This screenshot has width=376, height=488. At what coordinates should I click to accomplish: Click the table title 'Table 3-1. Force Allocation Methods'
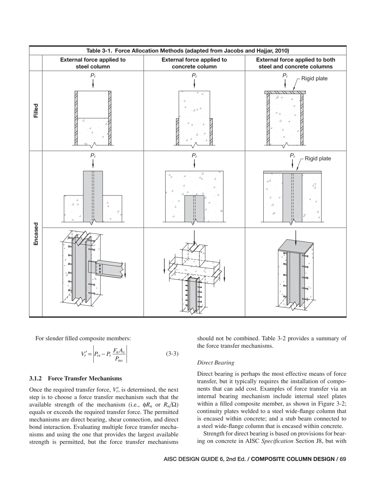[x=188, y=51]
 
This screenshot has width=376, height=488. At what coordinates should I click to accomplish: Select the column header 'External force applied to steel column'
[x=93, y=63]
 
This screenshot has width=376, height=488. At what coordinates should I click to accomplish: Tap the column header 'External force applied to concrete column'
[x=194, y=63]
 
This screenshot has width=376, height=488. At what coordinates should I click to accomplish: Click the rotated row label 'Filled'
[x=36, y=111]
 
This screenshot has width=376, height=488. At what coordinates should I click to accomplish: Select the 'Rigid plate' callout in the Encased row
[x=318, y=159]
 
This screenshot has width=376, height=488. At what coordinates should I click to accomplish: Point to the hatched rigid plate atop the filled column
[x=285, y=92]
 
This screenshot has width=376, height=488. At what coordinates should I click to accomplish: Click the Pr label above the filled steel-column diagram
[x=93, y=75]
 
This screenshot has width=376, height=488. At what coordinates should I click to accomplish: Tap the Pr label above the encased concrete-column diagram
[x=194, y=155]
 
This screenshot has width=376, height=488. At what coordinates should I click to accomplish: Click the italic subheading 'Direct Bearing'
[x=216, y=363]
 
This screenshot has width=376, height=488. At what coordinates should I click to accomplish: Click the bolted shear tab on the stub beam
[x=100, y=267]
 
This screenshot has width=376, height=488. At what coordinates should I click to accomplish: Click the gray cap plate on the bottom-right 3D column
[x=295, y=246]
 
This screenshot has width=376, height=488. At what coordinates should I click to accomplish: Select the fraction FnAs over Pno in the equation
[x=119, y=355]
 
